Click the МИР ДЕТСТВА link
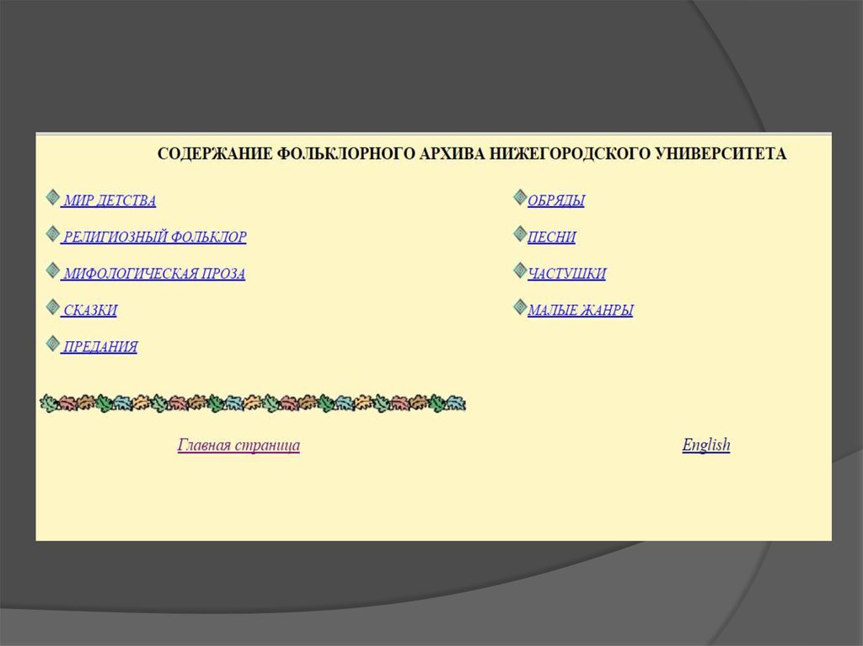tap(110, 200)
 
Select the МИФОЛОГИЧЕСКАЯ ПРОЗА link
tap(154, 274)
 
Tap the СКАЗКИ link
tap(90, 310)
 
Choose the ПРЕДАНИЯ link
tap(100, 347)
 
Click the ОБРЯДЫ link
tap(556, 200)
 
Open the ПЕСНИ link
tap(551, 238)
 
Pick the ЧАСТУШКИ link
tap(567, 274)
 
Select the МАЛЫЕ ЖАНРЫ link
tap(580, 310)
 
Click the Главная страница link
tap(239, 445)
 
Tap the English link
tap(706, 445)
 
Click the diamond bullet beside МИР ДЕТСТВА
tap(53, 197)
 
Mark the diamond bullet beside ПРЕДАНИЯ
tap(53, 344)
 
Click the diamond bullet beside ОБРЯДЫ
tap(520, 197)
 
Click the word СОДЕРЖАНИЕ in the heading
tap(215, 153)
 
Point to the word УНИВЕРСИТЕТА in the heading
tap(721, 153)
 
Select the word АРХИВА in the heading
tap(453, 153)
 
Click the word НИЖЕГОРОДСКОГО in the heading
tap(571, 153)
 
